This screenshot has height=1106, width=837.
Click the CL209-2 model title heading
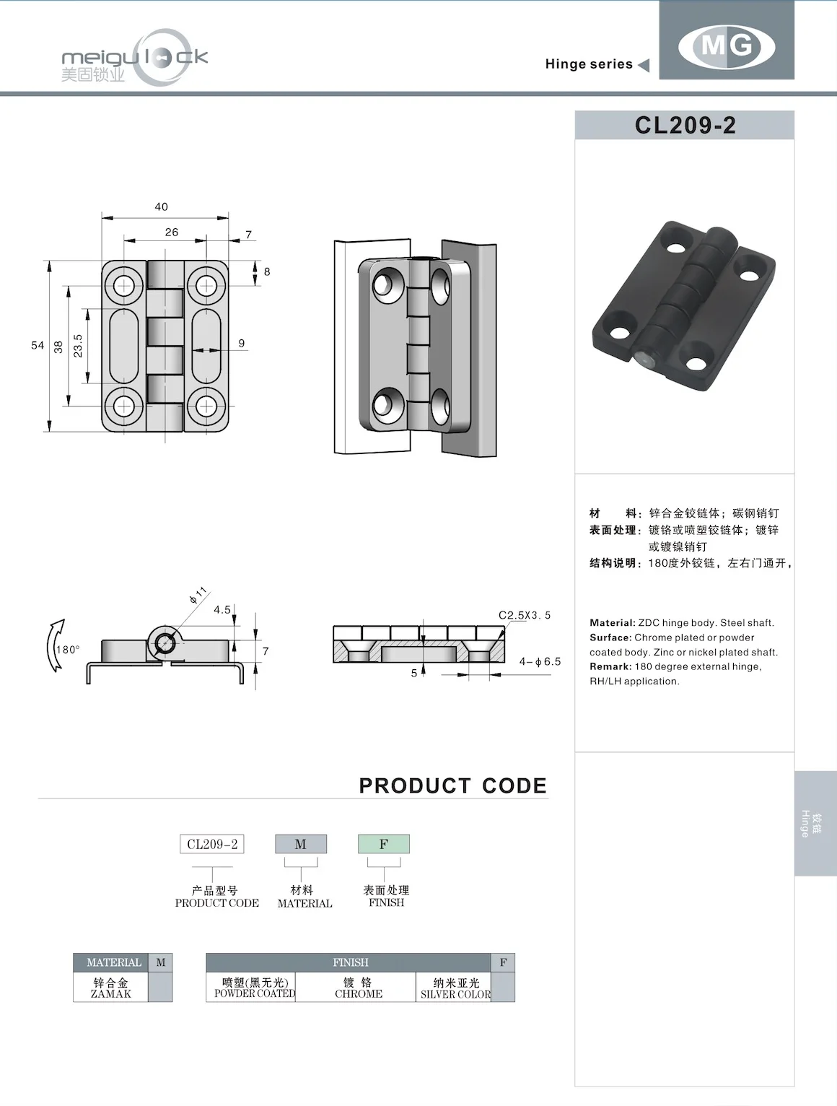(x=685, y=126)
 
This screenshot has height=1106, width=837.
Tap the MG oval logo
(x=727, y=46)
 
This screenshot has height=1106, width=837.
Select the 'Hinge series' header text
(x=589, y=64)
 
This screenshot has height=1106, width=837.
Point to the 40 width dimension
(x=161, y=207)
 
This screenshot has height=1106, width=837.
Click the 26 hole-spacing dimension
(x=171, y=232)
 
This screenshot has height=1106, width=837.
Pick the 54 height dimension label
(x=38, y=346)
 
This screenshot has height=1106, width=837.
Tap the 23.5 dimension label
(x=78, y=346)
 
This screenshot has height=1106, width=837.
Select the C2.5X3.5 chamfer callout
(x=525, y=615)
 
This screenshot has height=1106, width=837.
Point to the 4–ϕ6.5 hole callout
(x=540, y=661)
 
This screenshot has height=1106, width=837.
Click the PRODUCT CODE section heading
(x=452, y=785)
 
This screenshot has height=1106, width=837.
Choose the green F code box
(x=383, y=844)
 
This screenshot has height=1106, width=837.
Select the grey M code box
(x=300, y=844)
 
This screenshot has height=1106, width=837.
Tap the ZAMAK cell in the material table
(x=111, y=988)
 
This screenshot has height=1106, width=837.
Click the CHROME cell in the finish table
(x=359, y=988)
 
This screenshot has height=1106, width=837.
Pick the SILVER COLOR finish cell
(x=455, y=988)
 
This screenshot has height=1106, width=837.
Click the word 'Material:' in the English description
(x=612, y=623)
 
